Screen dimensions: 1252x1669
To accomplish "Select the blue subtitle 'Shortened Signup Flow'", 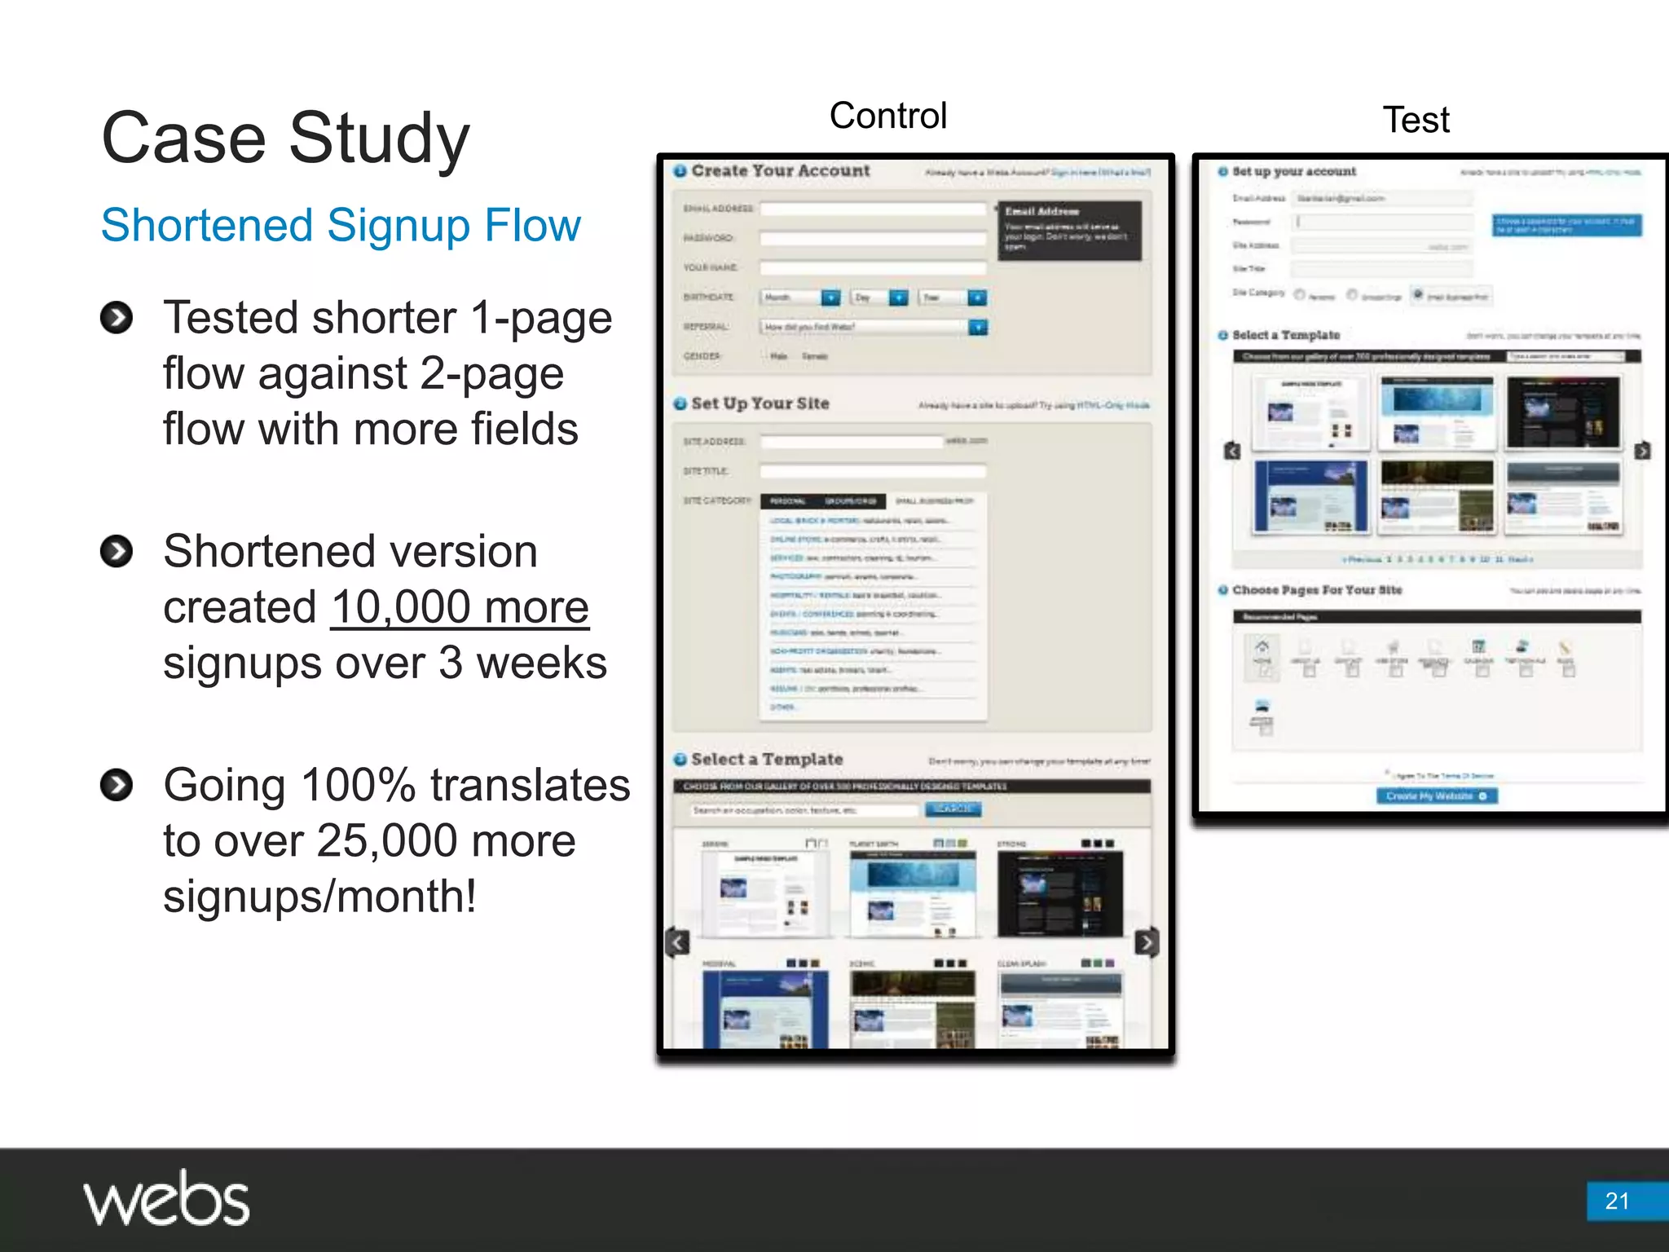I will point(341,225).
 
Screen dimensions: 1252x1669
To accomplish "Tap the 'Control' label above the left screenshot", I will point(887,116).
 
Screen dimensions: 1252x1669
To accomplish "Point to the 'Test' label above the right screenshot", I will point(1416,121).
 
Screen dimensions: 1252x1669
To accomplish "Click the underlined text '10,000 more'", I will point(460,607).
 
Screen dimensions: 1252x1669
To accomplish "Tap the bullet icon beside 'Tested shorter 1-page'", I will point(117,317).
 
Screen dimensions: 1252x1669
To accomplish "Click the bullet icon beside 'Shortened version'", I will point(117,551).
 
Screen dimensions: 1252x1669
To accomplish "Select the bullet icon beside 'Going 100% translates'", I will point(117,785).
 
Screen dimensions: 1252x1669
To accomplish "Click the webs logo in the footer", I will point(166,1198).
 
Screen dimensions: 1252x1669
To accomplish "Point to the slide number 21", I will point(1617,1201).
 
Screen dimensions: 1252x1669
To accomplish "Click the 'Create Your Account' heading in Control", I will point(780,171).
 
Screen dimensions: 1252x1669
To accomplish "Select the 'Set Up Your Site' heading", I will point(760,403).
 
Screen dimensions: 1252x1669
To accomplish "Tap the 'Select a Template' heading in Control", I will point(766,759).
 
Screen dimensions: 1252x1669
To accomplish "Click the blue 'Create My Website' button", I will point(1436,796).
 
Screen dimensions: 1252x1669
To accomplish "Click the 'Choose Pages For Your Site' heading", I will point(1316,590).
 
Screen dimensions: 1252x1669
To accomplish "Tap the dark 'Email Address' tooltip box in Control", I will point(1068,231).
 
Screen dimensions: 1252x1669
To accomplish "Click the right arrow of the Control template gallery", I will point(1146,942).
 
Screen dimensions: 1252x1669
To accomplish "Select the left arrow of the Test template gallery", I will point(1232,451).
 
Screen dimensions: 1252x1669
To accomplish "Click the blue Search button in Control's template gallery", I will point(953,809).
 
